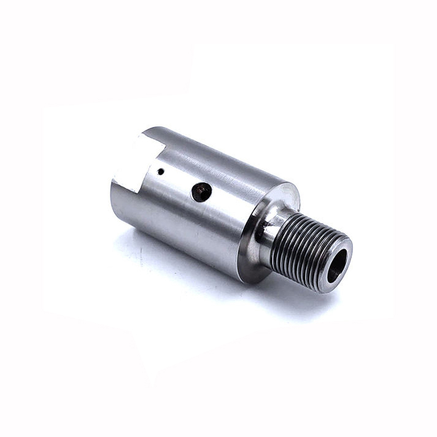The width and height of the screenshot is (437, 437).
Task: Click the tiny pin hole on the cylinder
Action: (160, 172)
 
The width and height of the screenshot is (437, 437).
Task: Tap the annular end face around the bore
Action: (344, 249)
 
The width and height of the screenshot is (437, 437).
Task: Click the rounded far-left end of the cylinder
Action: (117, 196)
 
